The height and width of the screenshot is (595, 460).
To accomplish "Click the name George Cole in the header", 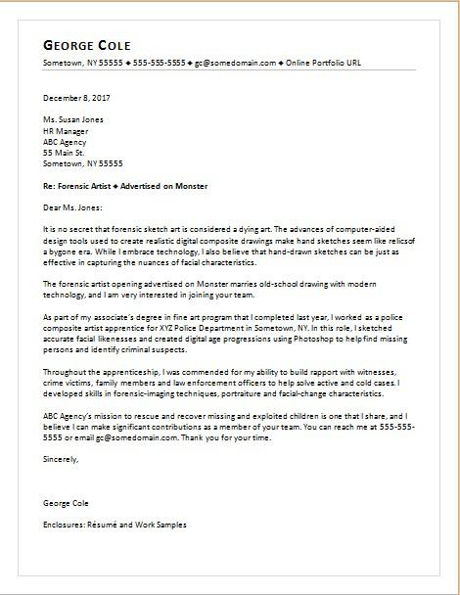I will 88,46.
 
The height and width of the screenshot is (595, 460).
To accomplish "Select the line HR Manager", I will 66,128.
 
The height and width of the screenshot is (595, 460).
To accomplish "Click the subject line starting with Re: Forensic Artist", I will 125,184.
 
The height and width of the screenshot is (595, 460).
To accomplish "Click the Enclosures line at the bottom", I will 115,525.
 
